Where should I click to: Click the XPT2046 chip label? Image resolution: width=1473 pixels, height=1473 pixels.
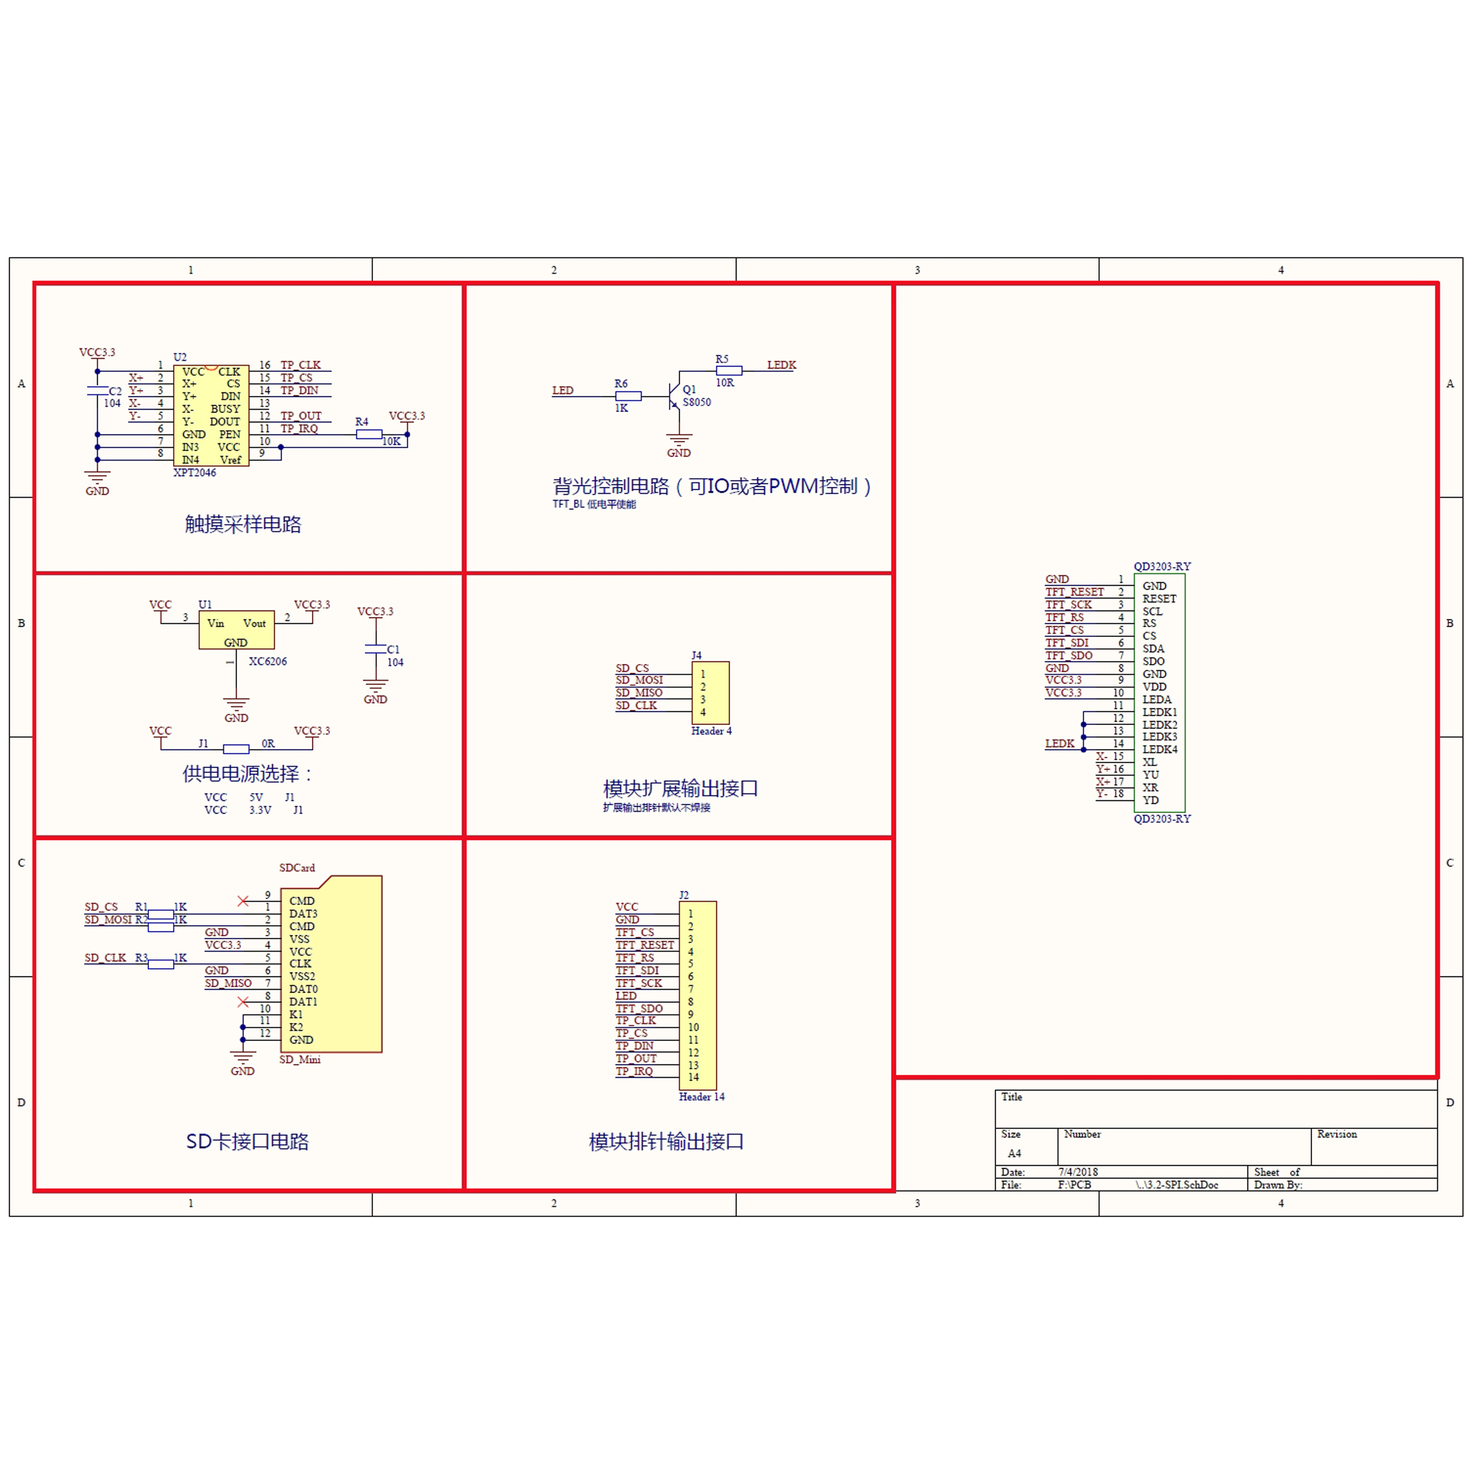194,473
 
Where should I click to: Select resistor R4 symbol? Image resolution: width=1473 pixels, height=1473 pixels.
369,434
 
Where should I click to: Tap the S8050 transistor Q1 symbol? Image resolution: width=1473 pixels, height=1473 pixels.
673,396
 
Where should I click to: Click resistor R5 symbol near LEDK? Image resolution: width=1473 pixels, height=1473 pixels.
729,371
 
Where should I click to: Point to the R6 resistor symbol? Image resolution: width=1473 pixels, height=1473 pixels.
628,396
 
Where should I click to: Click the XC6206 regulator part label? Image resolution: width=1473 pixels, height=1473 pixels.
268,661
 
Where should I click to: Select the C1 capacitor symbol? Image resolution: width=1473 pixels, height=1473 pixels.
375,649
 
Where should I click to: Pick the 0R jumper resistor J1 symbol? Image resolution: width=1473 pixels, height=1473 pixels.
236,749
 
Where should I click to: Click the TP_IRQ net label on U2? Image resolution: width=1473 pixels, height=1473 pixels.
299,429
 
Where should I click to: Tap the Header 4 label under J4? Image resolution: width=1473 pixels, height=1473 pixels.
711,730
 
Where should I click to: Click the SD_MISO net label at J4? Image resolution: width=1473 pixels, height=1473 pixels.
639,692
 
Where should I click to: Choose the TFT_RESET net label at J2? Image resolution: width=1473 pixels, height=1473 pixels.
645,945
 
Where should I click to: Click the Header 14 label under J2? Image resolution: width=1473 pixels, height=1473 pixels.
701,1096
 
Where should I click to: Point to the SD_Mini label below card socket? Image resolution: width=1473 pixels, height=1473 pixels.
300,1059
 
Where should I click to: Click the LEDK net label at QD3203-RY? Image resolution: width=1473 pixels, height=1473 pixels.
1059,743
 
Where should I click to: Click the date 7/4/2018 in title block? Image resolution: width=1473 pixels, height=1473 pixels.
1078,1172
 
